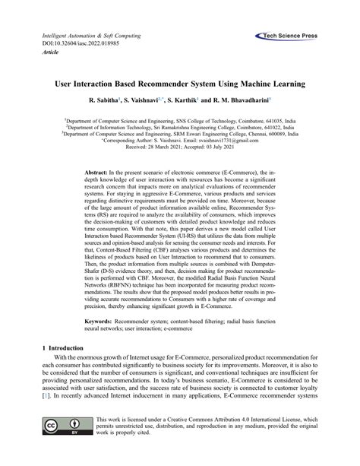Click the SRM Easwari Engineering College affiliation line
tap(180, 134)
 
